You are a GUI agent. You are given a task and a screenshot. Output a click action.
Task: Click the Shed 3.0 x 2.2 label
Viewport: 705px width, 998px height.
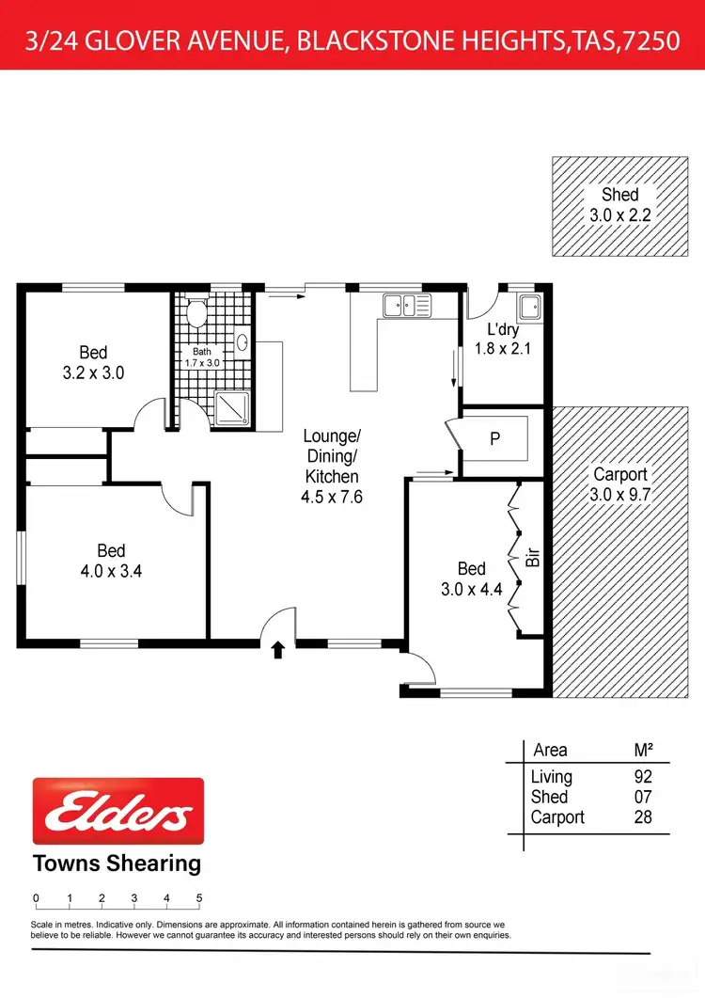tap(619, 204)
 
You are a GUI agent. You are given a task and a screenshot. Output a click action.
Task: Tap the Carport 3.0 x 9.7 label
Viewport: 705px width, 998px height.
tap(619, 483)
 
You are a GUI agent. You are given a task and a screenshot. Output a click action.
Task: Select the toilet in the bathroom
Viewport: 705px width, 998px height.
tap(196, 312)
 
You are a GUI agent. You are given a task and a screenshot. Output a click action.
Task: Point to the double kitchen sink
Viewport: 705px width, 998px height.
tap(408, 305)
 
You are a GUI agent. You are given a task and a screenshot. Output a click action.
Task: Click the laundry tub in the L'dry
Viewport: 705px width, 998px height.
tap(528, 306)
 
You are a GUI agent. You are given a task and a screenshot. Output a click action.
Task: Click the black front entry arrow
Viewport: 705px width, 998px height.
tap(277, 649)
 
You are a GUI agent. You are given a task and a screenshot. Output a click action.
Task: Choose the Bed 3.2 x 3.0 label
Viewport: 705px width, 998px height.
tap(93, 362)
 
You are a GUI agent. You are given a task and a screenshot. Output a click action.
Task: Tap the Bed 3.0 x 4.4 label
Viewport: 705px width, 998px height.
tap(471, 578)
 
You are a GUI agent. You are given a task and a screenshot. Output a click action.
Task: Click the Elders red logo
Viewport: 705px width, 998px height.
tap(118, 810)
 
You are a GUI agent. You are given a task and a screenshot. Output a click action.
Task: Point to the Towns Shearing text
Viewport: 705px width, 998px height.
tap(117, 863)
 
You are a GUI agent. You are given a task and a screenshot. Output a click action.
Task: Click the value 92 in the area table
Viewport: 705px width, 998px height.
tap(643, 777)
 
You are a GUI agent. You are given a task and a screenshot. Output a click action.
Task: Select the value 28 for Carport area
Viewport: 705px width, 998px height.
tap(643, 817)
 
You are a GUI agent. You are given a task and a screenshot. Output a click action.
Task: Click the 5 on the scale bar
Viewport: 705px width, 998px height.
tap(199, 898)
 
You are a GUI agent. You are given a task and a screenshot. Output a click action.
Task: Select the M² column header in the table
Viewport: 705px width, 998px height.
tap(644, 750)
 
